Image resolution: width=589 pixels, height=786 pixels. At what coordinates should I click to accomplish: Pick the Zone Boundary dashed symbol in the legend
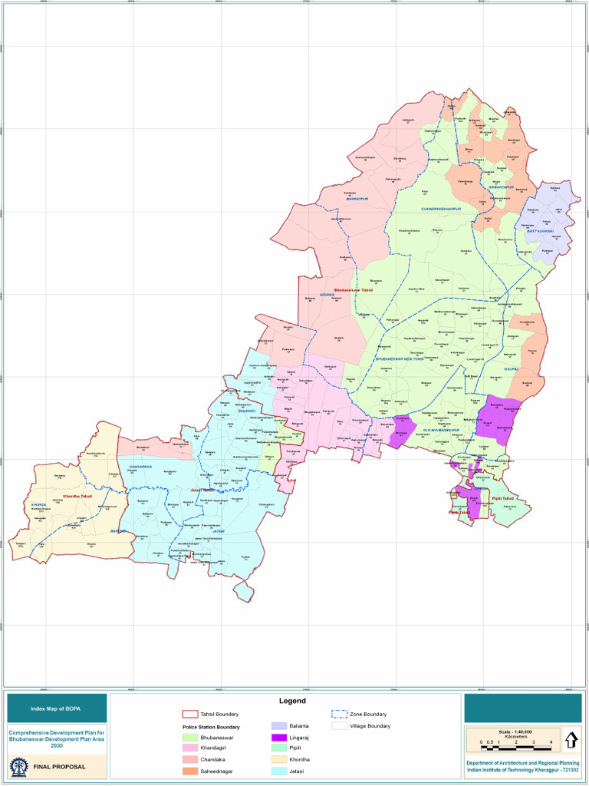tap(339, 714)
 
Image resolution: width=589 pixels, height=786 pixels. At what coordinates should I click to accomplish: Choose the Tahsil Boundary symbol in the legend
tap(190, 714)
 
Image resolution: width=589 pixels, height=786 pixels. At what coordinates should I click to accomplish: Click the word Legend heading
tap(292, 701)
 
